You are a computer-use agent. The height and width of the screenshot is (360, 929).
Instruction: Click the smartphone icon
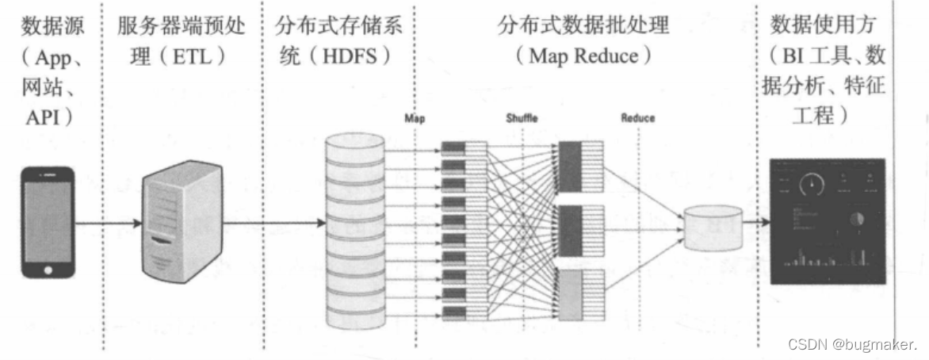(x=48, y=222)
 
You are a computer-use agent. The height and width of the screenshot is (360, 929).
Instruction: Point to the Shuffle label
(x=522, y=118)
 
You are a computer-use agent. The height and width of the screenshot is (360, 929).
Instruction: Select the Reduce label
(x=637, y=118)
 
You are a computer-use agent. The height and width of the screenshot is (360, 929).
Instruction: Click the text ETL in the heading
(x=193, y=57)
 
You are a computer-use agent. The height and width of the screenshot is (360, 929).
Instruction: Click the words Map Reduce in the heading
(x=583, y=57)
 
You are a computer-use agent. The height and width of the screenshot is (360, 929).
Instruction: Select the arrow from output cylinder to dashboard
(x=755, y=223)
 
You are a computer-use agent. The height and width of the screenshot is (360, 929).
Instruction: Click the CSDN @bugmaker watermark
(x=853, y=344)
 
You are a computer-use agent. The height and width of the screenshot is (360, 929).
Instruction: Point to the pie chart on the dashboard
(x=856, y=219)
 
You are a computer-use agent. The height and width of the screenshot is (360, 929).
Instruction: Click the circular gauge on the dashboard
(x=811, y=185)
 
